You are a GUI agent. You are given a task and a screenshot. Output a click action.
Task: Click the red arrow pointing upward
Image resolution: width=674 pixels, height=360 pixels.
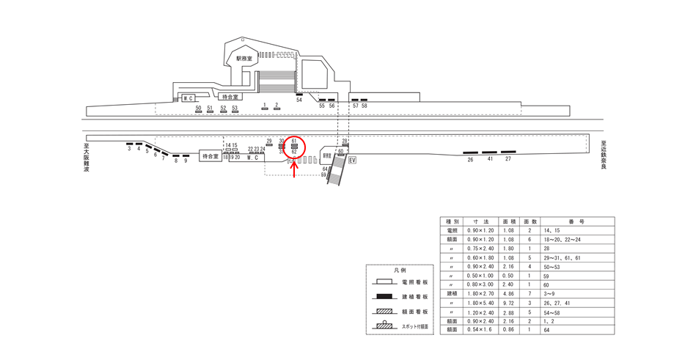click(x=295, y=170)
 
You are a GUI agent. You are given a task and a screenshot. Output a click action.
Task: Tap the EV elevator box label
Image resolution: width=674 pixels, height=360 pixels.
click(x=352, y=160)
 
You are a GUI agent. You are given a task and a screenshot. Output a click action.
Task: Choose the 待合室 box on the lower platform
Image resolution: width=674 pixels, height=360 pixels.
click(x=210, y=156)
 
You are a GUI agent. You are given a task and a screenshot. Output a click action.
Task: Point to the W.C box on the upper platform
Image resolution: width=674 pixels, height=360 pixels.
click(x=187, y=98)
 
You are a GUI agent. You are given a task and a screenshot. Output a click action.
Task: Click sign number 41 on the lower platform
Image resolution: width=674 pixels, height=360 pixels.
click(x=489, y=158)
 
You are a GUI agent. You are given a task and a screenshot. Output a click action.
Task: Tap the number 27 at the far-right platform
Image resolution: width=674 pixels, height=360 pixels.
click(x=508, y=158)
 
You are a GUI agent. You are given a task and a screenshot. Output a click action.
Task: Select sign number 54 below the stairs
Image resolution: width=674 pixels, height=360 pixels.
click(x=299, y=100)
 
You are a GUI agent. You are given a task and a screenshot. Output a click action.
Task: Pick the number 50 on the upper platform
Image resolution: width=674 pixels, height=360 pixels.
click(x=198, y=108)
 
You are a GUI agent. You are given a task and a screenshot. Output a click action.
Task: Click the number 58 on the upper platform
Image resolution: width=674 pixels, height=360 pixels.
click(x=365, y=106)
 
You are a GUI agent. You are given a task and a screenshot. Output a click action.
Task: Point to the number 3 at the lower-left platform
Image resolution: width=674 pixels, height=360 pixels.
click(x=129, y=149)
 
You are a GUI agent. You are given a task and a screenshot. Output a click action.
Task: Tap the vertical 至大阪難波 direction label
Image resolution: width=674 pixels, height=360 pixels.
click(x=87, y=157)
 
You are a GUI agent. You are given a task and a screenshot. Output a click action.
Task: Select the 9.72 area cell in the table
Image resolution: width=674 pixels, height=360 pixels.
click(x=508, y=302)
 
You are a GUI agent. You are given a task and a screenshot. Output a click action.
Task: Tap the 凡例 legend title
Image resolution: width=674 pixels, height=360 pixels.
click(x=400, y=271)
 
